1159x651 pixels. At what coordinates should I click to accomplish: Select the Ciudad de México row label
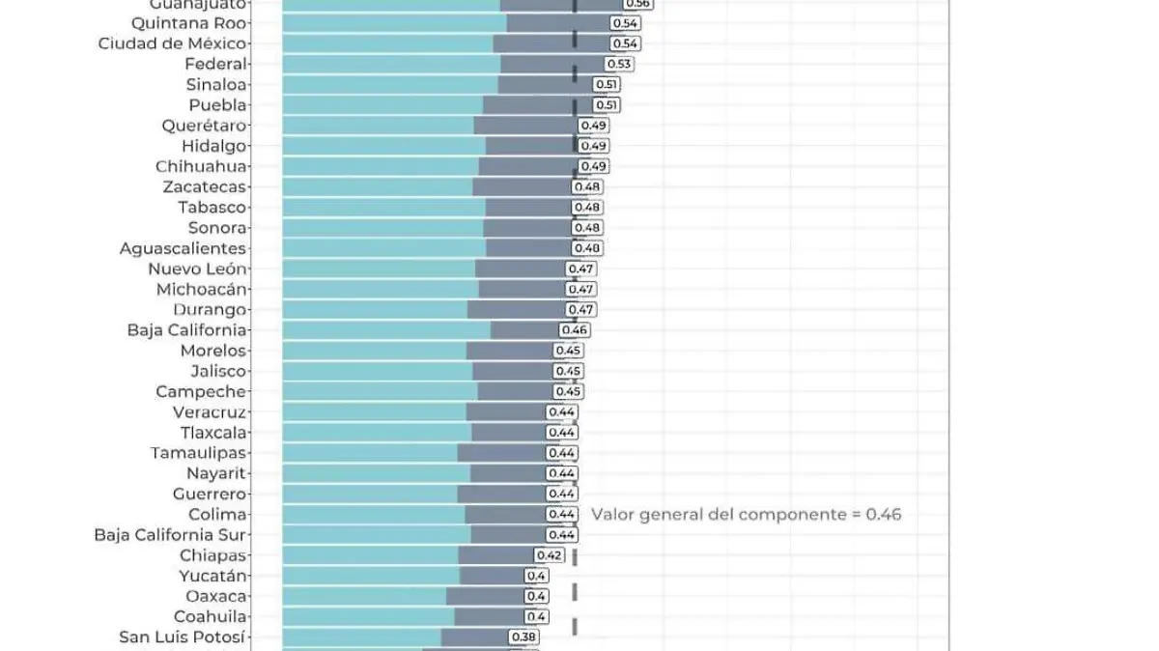point(173,43)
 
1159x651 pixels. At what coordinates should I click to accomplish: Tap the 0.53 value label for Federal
point(619,64)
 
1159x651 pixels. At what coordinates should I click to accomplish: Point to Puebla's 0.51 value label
point(607,105)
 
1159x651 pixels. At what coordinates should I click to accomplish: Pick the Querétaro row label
point(205,126)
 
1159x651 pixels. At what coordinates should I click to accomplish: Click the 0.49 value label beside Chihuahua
point(594,166)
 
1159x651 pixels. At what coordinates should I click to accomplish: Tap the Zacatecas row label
point(205,186)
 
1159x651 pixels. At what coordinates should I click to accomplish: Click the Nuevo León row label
point(198,269)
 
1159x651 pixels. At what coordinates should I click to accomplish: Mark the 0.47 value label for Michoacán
point(581,289)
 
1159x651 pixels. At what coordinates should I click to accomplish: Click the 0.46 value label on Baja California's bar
point(575,330)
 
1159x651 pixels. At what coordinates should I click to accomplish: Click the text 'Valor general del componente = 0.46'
point(746,515)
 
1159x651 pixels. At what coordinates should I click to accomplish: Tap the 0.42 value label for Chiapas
point(550,555)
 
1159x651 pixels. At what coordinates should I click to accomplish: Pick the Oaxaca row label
point(216,596)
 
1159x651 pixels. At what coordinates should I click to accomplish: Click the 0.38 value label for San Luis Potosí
point(524,637)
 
